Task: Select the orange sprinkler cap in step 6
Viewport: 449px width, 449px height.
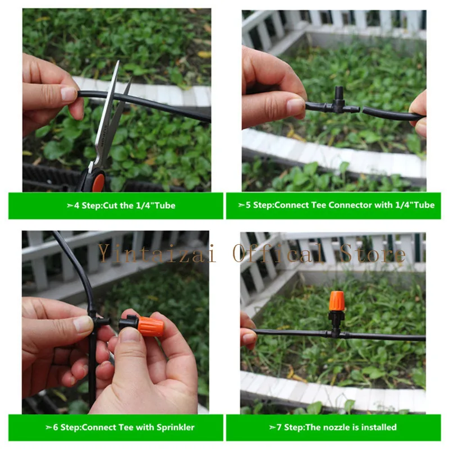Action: point(150,326)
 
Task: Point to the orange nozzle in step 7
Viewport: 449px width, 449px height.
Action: point(336,301)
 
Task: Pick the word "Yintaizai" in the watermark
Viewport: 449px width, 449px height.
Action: point(157,253)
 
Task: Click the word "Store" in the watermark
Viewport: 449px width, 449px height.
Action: point(372,253)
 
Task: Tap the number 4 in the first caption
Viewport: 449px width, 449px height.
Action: point(77,205)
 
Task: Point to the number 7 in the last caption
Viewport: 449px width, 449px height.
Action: point(279,427)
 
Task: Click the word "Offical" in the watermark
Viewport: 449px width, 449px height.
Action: point(278,253)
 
